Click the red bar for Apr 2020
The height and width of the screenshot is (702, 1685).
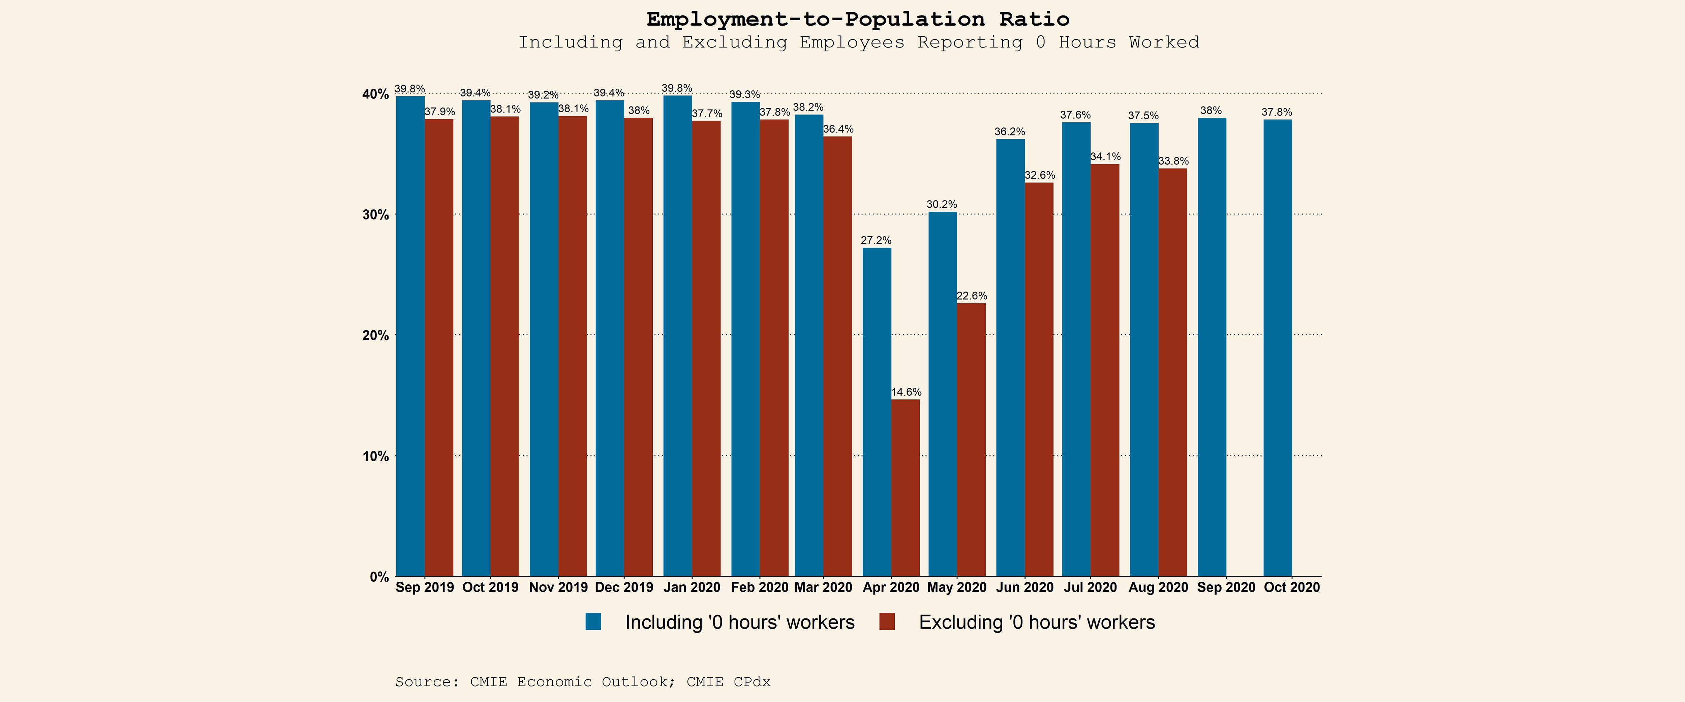[905, 487]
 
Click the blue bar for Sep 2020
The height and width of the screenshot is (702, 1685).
[1212, 347]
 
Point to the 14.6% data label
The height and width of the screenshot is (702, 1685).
[906, 392]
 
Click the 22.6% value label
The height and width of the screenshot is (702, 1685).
[971, 296]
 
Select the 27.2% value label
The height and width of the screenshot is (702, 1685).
[876, 240]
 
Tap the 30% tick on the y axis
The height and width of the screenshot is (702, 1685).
[375, 215]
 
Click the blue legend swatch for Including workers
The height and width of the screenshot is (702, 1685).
[593, 621]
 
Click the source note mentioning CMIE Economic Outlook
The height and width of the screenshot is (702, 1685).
[582, 682]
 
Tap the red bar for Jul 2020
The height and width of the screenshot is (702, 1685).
[1105, 370]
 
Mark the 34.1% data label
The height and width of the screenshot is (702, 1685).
[1105, 156]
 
